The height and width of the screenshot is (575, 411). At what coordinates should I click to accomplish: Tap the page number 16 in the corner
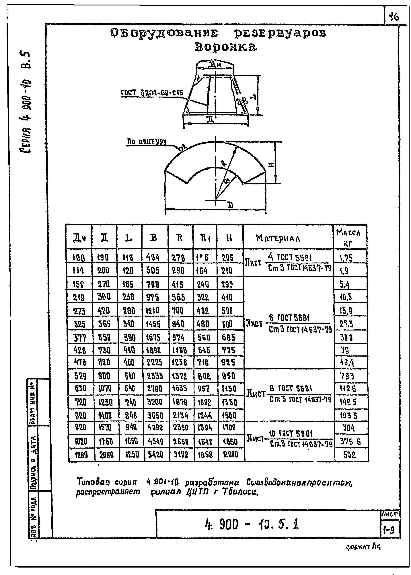click(x=394, y=17)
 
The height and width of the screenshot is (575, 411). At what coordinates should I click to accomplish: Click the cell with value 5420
click(x=156, y=455)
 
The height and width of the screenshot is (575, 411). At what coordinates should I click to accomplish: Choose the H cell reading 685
click(x=229, y=337)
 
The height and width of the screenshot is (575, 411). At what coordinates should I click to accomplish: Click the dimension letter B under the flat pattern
click(x=230, y=205)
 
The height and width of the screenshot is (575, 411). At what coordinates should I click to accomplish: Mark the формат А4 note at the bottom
click(x=363, y=547)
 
